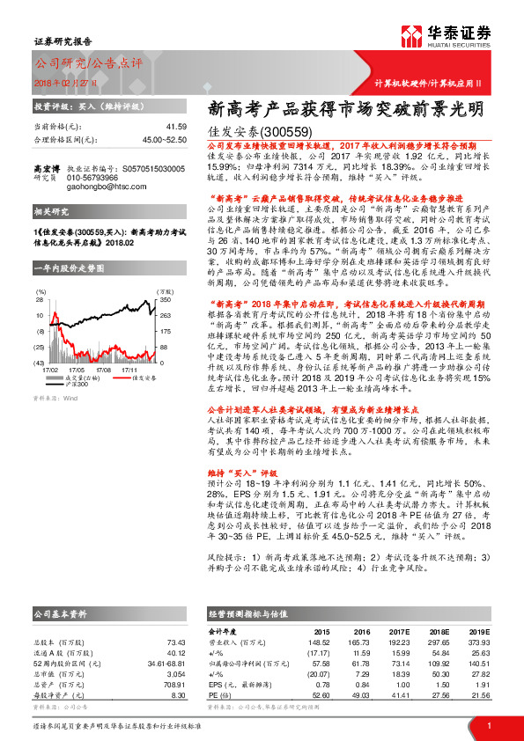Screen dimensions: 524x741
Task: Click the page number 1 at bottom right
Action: pyautogui.click(x=489, y=726)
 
